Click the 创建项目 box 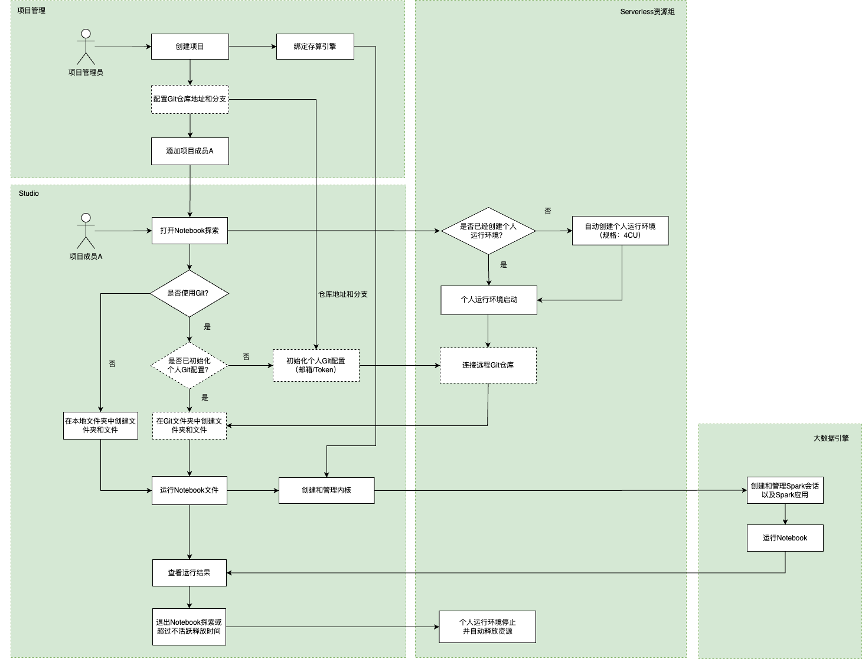[x=190, y=47]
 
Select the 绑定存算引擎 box [x=315, y=47]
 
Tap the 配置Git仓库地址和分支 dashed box [x=190, y=99]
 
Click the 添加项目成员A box [x=190, y=151]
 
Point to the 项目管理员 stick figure [x=86, y=47]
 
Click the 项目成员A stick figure [x=86, y=231]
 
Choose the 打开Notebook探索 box [x=190, y=231]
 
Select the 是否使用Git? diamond [x=189, y=293]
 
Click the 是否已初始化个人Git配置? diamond [x=189, y=365]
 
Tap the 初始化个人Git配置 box [x=316, y=365]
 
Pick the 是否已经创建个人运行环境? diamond [x=488, y=231]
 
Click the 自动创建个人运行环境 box [x=620, y=231]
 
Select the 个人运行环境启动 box [x=489, y=300]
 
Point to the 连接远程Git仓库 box [x=488, y=365]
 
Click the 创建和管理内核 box [x=326, y=490]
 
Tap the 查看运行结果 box [x=190, y=573]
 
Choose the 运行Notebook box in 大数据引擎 [x=785, y=538]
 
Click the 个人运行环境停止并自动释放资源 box [x=487, y=627]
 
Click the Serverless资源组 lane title [x=647, y=12]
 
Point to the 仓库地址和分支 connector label [x=343, y=294]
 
